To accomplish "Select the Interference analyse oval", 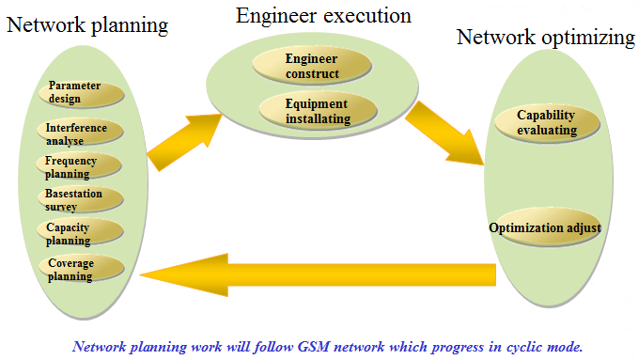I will pyautogui.click(x=80, y=133).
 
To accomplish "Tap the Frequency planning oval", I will pyautogui.click(x=80, y=166).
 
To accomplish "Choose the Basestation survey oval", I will pyautogui.click(x=81, y=199).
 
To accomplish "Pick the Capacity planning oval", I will pyautogui.click(x=81, y=233).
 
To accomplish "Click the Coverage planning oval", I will pyautogui.click(x=81, y=269).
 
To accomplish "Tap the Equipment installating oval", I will pyautogui.click(x=317, y=111).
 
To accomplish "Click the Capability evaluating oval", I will pyautogui.click(x=546, y=123).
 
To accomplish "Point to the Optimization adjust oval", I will pyautogui.click(x=545, y=228).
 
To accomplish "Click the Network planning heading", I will pyautogui.click(x=87, y=25).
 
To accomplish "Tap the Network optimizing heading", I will pyautogui.click(x=545, y=38).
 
